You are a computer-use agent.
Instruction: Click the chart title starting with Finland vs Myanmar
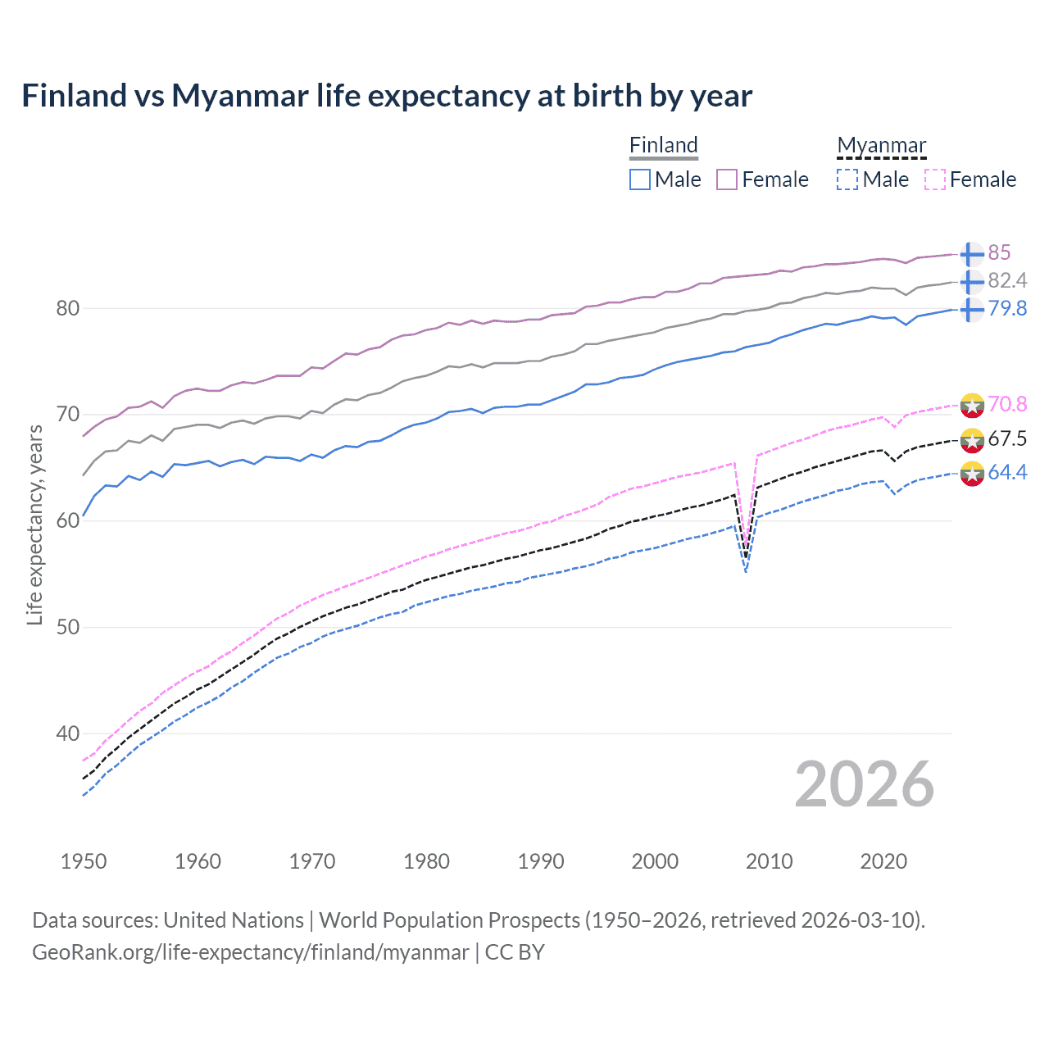[x=386, y=96]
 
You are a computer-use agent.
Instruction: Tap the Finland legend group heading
[x=663, y=145]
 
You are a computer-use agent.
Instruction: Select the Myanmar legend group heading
[x=881, y=145]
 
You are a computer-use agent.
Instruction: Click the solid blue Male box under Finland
[x=640, y=179]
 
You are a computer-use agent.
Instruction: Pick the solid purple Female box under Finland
[x=727, y=179]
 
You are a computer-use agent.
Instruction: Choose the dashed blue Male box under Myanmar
[x=847, y=179]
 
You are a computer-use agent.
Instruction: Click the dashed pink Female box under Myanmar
[x=935, y=179]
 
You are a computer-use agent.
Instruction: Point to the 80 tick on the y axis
[x=68, y=309]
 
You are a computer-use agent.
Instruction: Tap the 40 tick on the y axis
[x=68, y=733]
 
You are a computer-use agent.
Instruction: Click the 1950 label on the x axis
[x=84, y=861]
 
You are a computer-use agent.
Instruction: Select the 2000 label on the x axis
[x=655, y=861]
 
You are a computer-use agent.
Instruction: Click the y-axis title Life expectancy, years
[x=34, y=524]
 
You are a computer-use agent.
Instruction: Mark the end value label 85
[x=999, y=252]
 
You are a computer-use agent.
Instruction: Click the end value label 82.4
[x=1006, y=280]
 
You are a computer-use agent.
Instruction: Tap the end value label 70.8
[x=1006, y=404]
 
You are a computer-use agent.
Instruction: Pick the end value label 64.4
[x=1006, y=472]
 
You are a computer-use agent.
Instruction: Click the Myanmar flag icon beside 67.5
[x=972, y=439]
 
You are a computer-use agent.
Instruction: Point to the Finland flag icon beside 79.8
[x=972, y=309]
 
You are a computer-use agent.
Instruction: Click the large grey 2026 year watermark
[x=864, y=784]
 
